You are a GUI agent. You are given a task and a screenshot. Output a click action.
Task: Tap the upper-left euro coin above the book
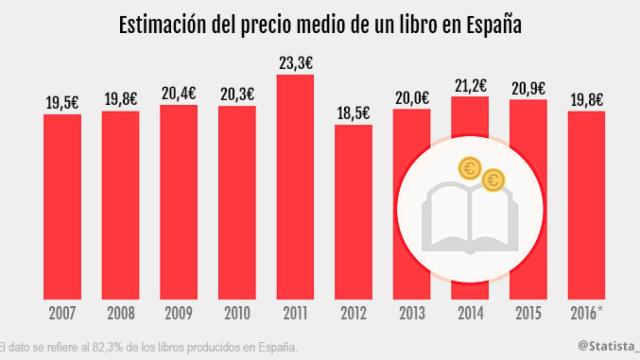point(466,168)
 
